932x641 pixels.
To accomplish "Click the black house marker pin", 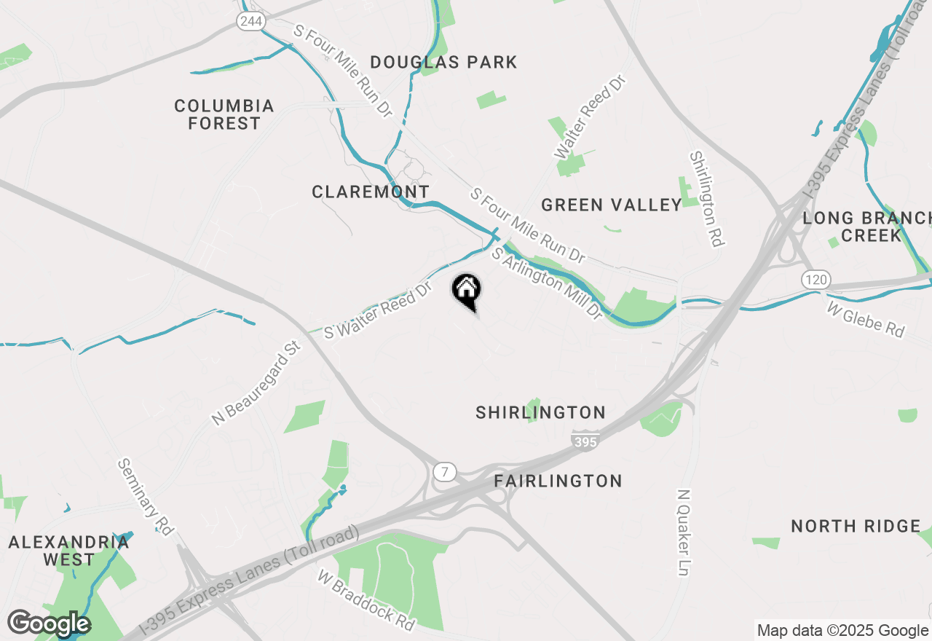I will click(466, 291).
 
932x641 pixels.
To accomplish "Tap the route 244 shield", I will click(250, 21).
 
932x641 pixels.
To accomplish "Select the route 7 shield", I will click(444, 472).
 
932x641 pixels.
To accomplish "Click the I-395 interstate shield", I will click(585, 441).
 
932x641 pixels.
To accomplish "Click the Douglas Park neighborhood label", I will click(443, 63).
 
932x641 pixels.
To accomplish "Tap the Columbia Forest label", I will click(224, 115).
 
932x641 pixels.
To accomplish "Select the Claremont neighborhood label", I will click(371, 192).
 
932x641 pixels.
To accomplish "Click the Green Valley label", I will click(612, 205).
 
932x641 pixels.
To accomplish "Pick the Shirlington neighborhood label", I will click(540, 413).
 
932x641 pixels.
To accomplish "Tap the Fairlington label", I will click(558, 481).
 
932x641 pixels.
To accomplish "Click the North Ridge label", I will click(856, 526).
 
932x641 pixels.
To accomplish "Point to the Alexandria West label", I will click(68, 551).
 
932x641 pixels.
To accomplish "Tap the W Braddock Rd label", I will click(366, 599).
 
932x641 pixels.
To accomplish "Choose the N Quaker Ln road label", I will click(682, 532).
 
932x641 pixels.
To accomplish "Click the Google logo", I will click(49, 624).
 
